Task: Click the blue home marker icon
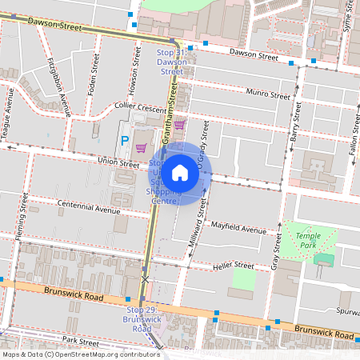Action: pyautogui.click(x=180, y=173)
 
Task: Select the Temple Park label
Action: pyautogui.click(x=307, y=240)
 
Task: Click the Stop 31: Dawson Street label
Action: pyautogui.click(x=172, y=62)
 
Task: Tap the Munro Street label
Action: pyautogui.click(x=268, y=94)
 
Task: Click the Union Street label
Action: pyautogui.click(x=118, y=162)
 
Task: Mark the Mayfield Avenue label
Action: pyautogui.click(x=238, y=229)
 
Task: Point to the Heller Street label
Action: pyautogui.click(x=234, y=266)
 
